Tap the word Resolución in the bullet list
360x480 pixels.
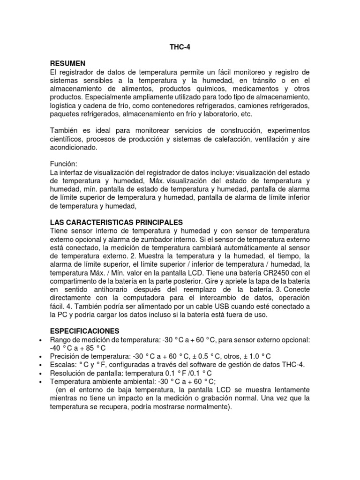[x=67, y=374]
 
